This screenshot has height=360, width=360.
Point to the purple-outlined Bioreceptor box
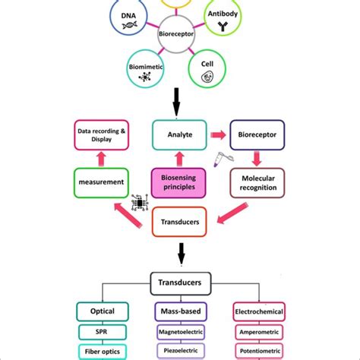click(x=257, y=136)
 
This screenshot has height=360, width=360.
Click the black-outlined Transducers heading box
click(x=180, y=281)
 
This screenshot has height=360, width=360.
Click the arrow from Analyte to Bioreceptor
click(x=219, y=136)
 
